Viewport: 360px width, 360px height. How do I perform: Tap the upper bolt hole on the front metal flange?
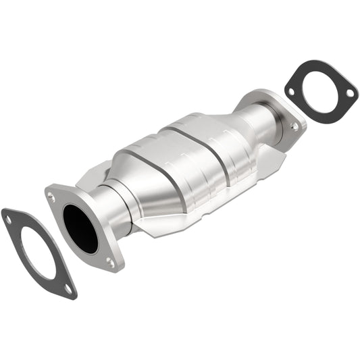click(x=51, y=197)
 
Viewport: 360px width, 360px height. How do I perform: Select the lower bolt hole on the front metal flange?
click(x=110, y=263)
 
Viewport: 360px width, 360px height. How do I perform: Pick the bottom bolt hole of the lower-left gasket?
click(x=68, y=288)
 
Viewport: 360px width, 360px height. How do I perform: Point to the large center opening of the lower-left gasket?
click(x=36, y=251)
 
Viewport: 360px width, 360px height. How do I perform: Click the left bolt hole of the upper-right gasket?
click(x=291, y=91)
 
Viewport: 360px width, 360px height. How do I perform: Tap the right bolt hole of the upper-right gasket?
click(x=349, y=94)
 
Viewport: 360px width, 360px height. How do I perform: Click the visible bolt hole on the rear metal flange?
click(x=294, y=126)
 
